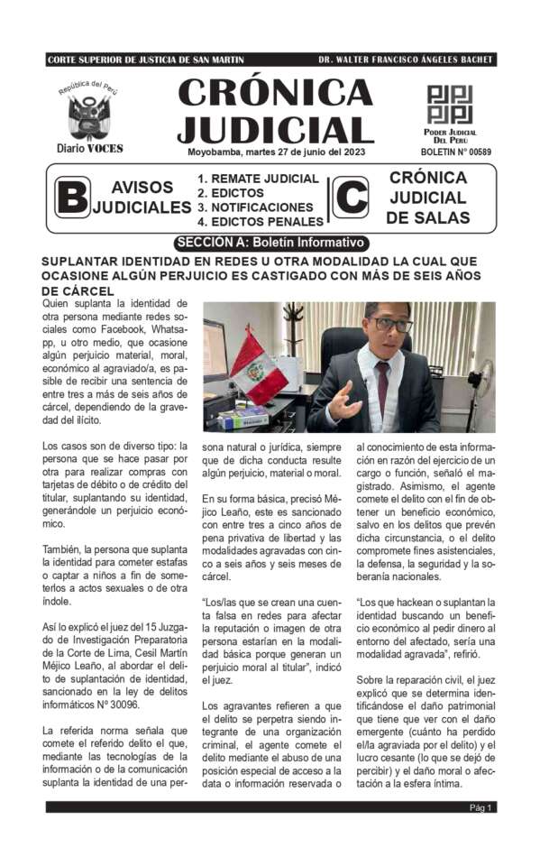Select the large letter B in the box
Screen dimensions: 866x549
[x=71, y=197]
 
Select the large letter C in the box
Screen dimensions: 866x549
[x=350, y=197]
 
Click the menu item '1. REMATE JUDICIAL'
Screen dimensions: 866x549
[x=258, y=179]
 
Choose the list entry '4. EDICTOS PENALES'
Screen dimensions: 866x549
[x=261, y=221]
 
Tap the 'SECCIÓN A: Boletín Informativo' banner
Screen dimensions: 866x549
[x=270, y=243]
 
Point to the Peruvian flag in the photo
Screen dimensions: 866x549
[x=257, y=366]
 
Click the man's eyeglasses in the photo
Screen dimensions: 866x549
[x=393, y=324]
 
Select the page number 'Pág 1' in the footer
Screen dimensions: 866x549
[x=480, y=808]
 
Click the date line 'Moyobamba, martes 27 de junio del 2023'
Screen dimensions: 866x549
[x=275, y=152]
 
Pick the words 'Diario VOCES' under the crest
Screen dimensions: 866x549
[x=89, y=149]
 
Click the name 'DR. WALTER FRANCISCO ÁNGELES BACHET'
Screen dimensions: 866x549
[x=406, y=60]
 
